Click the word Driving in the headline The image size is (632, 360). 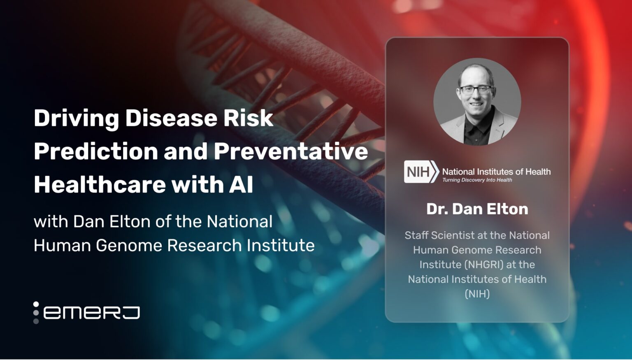point(76,118)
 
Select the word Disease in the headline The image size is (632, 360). point(170,118)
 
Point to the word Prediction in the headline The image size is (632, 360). point(95,151)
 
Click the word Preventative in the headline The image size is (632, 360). point(290,151)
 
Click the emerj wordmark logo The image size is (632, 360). point(91,313)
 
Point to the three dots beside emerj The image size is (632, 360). point(36,313)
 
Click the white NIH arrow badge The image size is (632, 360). point(421,172)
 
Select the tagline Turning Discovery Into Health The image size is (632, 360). point(477,180)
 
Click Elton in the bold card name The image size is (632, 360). point(509,209)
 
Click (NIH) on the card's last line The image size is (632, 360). point(477,294)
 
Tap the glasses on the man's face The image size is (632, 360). point(475,89)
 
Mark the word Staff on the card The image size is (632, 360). point(416,235)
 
